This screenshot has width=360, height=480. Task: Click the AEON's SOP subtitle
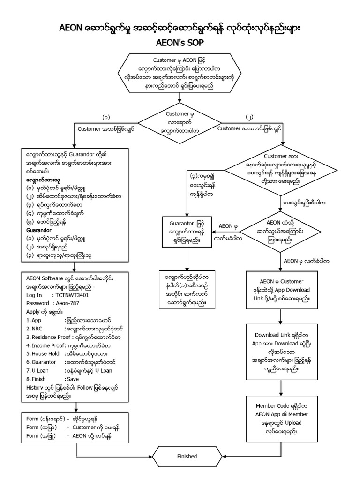click(180, 41)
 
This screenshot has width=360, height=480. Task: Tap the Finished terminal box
click(187, 456)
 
